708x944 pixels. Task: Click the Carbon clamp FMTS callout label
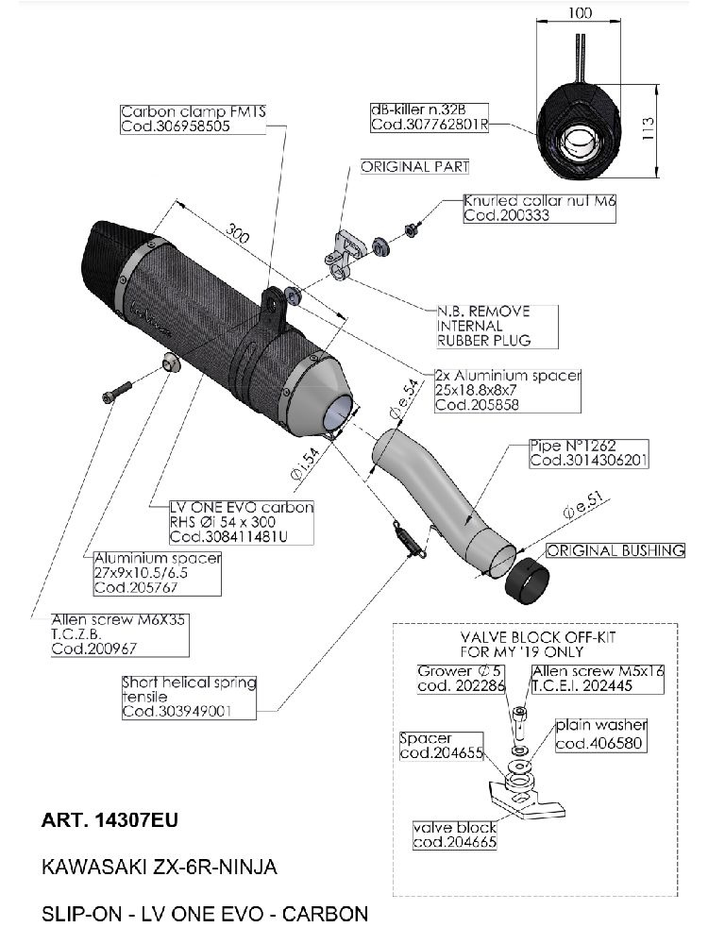pos(194,119)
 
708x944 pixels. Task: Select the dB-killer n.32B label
pos(430,117)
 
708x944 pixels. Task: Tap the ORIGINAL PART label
pos(415,167)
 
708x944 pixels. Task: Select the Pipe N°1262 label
pos(574,453)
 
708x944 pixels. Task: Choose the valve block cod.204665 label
pos(454,835)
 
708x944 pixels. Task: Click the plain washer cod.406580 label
pos(601,734)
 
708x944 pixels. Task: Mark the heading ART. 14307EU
pos(109,820)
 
